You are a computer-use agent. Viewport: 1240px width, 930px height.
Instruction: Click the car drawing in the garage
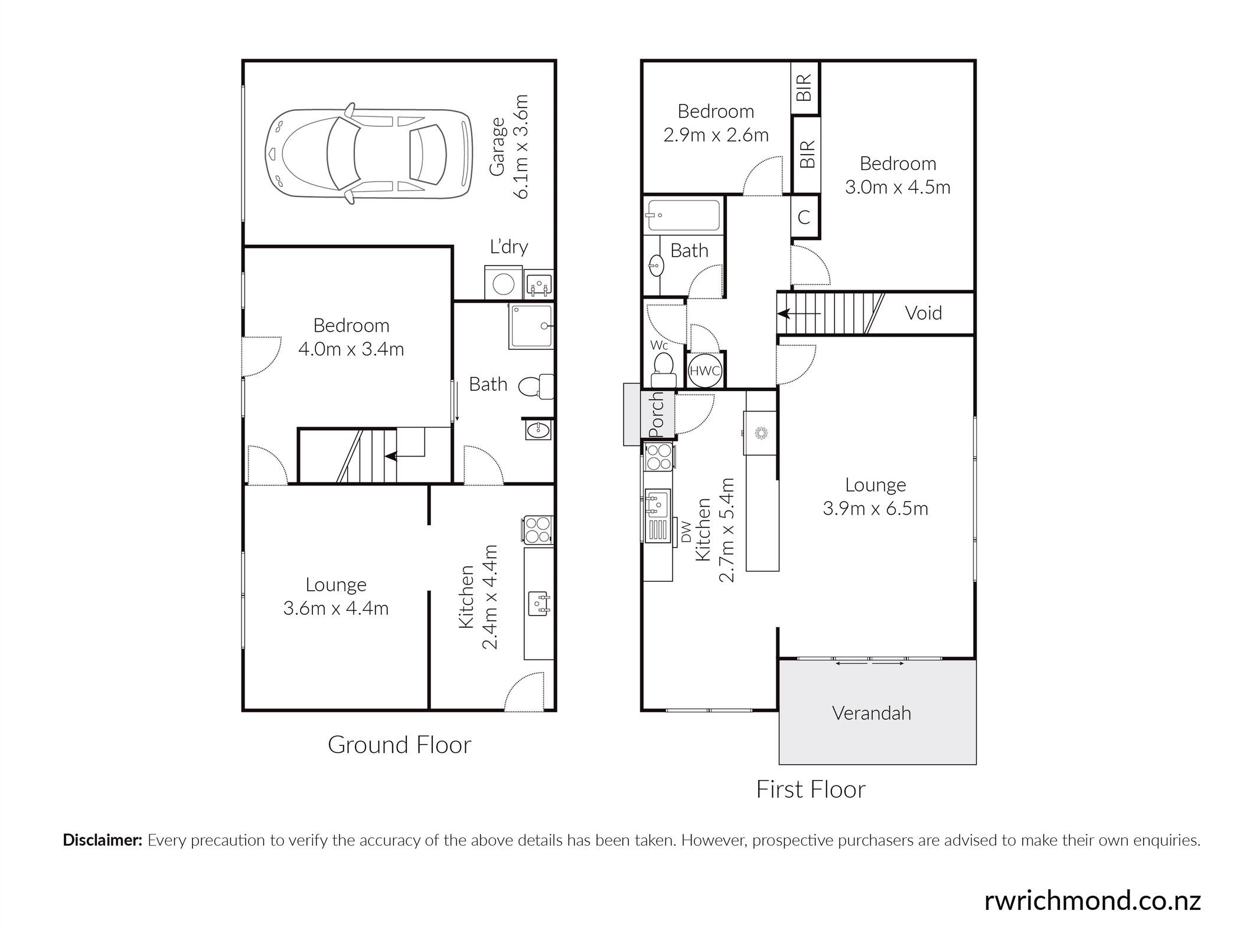(369, 155)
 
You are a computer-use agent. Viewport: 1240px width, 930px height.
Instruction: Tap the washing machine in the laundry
(503, 283)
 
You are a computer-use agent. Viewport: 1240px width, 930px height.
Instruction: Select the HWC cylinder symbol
(705, 371)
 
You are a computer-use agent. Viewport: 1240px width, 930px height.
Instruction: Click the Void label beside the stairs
(923, 313)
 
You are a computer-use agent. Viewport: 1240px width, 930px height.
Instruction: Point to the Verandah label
(872, 713)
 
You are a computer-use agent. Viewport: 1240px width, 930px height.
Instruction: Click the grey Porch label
(657, 415)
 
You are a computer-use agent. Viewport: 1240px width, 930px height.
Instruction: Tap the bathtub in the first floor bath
(684, 216)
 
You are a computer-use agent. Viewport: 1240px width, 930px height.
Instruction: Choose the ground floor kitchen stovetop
(538, 530)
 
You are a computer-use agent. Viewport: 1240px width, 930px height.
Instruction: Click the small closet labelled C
(805, 217)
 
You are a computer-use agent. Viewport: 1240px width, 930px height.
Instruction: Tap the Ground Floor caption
(399, 745)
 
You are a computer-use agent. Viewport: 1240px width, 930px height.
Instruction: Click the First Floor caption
(811, 790)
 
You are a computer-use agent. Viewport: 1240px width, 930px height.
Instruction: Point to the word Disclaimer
(103, 840)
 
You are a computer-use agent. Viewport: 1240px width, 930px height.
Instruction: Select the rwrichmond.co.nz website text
(1092, 901)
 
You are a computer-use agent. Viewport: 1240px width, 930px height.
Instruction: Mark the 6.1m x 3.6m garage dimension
(521, 146)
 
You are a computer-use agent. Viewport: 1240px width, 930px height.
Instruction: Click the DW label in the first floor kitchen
(686, 532)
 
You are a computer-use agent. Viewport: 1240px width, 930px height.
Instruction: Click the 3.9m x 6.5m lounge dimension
(876, 509)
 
